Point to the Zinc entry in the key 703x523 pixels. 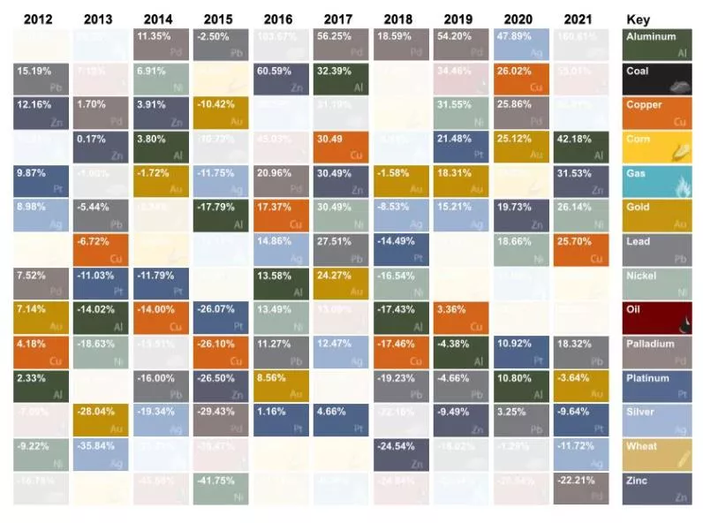657,488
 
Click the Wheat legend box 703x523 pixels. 657,454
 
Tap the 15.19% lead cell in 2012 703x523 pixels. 41,79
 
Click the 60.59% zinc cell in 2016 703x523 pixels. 279,79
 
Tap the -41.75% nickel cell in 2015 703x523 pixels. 220,488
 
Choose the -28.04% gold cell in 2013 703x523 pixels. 100,420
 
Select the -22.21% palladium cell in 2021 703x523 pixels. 578,488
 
